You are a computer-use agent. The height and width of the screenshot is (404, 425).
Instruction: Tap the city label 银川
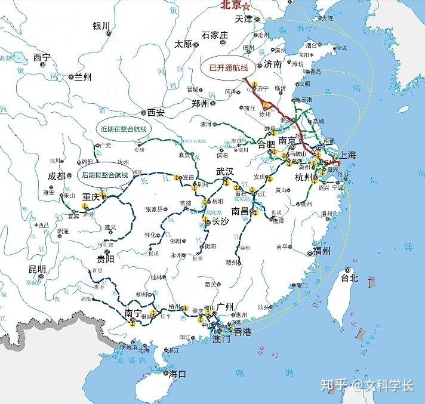coord(101,26)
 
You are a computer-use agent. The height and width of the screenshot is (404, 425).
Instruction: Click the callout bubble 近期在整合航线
coord(124,128)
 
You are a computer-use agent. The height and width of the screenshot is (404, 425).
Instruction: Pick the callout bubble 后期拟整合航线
coord(104,174)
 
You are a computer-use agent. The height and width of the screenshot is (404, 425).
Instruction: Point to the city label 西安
coord(156,112)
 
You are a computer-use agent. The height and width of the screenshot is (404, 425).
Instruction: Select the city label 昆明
coord(37,269)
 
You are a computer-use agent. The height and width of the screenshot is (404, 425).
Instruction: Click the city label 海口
coord(177,374)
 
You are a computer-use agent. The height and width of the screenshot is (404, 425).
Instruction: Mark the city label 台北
coord(349,277)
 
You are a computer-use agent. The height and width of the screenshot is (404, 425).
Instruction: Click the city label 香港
coord(242,332)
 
